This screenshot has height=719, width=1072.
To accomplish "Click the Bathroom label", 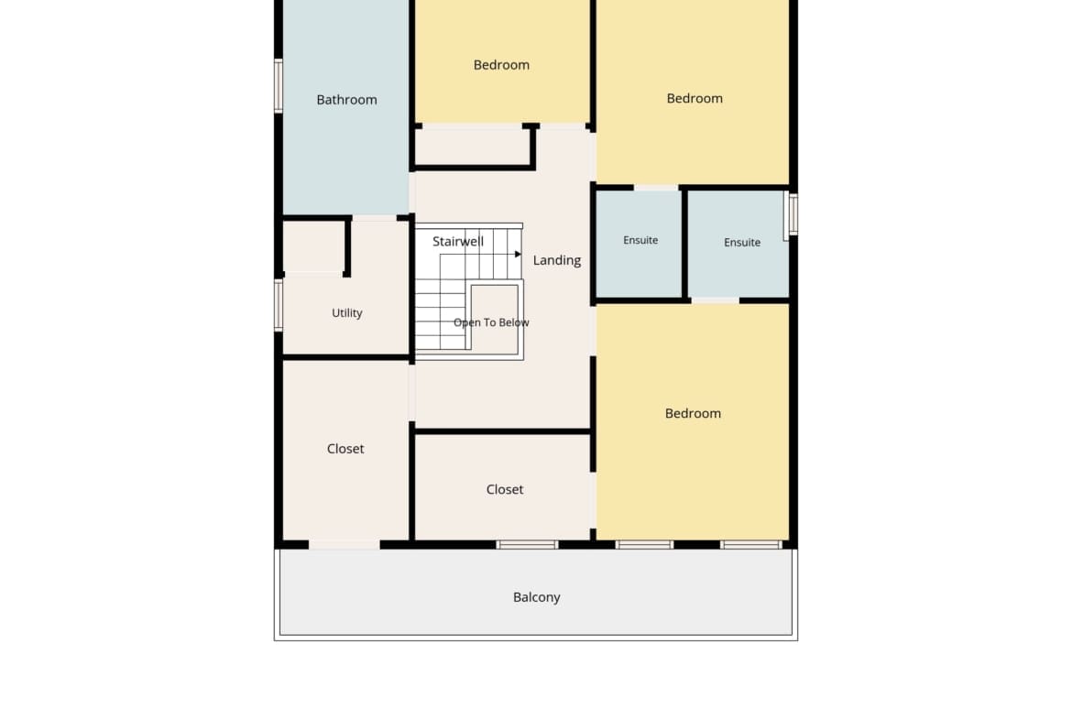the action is click(346, 100).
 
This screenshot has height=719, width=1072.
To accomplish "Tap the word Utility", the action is click(346, 313).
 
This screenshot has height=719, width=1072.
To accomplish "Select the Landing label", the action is click(556, 260).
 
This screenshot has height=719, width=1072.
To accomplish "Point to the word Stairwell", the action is click(458, 241).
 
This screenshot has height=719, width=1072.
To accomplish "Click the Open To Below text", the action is click(491, 322).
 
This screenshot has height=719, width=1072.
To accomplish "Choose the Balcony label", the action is click(537, 597).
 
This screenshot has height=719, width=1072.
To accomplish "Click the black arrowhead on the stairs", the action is click(519, 255).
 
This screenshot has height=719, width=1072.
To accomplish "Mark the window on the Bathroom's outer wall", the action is click(279, 86).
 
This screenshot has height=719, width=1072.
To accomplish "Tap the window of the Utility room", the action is click(279, 306).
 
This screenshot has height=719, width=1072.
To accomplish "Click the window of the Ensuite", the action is click(793, 214).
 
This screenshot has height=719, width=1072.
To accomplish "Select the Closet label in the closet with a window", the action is click(505, 489).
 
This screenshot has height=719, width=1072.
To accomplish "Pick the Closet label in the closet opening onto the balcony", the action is click(345, 449).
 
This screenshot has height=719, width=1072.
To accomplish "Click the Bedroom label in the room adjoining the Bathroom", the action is click(501, 65).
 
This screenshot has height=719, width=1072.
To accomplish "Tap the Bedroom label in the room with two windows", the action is click(693, 413).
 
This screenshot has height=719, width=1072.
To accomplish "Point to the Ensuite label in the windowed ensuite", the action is click(742, 243).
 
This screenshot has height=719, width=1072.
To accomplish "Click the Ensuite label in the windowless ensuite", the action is click(640, 241).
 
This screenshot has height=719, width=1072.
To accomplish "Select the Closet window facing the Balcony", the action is click(527, 545).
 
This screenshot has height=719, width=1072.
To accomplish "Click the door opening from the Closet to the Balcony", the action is click(345, 545).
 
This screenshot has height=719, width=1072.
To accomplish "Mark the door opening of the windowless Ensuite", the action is click(656, 187).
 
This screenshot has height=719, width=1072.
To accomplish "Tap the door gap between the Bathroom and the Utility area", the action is click(375, 218).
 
